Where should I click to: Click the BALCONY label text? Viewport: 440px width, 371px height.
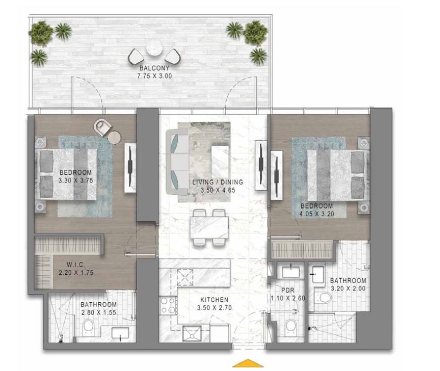tap(155, 68)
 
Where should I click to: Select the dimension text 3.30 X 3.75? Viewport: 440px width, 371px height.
tap(76, 180)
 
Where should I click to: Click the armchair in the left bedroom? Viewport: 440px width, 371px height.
tap(102, 127)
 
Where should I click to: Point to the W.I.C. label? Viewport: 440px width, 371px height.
tap(76, 265)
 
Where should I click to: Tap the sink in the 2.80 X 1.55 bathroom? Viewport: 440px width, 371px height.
tap(120, 333)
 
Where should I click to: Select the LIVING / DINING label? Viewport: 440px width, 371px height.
tap(218, 182)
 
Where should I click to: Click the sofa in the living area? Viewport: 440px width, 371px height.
tap(177, 162)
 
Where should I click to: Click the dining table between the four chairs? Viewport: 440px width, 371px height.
tap(209, 227)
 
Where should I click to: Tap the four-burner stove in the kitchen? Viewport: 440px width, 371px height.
tap(168, 306)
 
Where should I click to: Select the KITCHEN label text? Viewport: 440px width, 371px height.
tap(214, 300)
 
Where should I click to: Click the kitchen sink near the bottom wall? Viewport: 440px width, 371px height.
tap(192, 333)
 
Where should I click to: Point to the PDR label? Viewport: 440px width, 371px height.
tap(287, 290)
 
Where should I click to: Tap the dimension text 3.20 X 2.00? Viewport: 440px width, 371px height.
tap(348, 289)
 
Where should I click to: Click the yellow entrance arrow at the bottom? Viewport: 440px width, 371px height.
tap(248, 363)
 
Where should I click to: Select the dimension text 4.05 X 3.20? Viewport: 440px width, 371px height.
tap(317, 214)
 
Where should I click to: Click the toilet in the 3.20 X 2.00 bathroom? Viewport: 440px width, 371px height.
tap(323, 298)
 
